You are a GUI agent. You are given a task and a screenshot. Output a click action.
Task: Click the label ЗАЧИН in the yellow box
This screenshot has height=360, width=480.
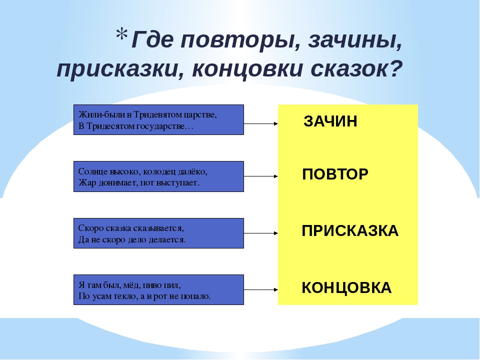(x=330, y=121)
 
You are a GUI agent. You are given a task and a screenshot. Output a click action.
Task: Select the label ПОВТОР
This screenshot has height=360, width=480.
(x=335, y=174)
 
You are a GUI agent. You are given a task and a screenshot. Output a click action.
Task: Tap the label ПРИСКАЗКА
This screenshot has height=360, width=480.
(x=350, y=231)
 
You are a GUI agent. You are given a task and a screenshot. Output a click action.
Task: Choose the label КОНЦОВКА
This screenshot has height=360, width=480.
(x=346, y=288)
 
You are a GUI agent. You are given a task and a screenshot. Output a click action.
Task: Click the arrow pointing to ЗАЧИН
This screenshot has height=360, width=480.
(x=261, y=123)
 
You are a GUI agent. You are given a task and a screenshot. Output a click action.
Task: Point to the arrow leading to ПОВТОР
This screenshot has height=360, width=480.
(x=261, y=176)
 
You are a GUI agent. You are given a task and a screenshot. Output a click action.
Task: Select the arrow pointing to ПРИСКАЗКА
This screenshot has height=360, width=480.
(x=261, y=233)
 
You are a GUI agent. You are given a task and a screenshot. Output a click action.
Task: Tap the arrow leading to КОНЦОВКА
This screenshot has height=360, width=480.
(x=261, y=289)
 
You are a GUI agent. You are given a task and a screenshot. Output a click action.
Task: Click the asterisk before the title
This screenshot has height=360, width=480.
(x=121, y=34)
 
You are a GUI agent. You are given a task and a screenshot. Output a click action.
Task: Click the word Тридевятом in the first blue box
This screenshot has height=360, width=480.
(x=157, y=115)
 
